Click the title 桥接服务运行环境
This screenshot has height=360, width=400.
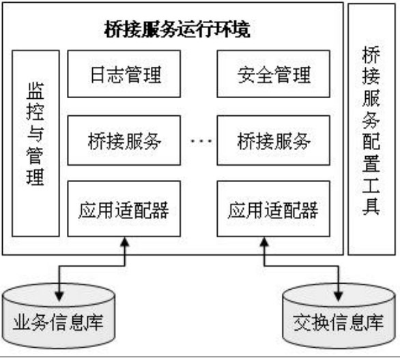pos(177,29)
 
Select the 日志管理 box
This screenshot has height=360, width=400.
pos(124,74)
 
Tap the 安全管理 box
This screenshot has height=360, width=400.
pos(274,74)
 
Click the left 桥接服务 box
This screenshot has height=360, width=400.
pos(124,140)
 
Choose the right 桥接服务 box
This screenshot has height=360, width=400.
pos(274,140)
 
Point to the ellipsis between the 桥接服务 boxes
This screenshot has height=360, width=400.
pos(201,140)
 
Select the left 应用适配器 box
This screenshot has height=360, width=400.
pos(124,209)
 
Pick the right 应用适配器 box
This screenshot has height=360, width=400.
pos(274,209)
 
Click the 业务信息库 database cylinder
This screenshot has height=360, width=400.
pos(59,316)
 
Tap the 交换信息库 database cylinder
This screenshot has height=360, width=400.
pos(339,316)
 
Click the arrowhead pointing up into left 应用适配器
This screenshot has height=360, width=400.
pos(125,242)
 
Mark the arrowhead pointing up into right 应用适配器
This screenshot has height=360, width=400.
pos(264,242)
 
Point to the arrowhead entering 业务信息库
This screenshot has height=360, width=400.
pos(59,297)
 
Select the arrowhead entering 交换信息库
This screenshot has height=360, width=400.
pos(339,297)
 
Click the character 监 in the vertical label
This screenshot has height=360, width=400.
pos(35,91)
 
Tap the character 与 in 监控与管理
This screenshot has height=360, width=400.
pos(35,134)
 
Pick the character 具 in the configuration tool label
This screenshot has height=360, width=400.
pos(371,207)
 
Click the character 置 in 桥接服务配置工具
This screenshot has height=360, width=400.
pos(371,163)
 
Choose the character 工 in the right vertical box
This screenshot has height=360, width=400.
pos(371,185)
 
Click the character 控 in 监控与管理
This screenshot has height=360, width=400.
pos(35,112)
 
